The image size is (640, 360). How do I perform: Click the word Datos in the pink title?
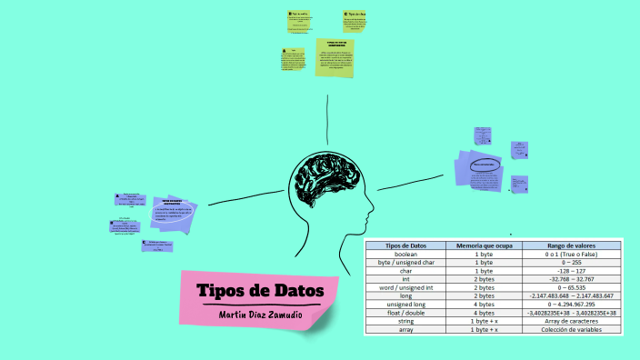click(294, 290)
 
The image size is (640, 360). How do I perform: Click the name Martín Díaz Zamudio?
click(261, 314)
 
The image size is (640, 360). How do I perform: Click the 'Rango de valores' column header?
click(571, 245)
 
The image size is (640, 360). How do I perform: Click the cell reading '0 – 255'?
click(571, 263)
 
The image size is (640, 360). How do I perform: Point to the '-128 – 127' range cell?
click(571, 271)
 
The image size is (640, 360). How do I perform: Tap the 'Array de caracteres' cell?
click(571, 321)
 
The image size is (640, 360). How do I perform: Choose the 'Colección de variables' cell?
click(571, 329)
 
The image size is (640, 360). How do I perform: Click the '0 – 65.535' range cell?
click(571, 287)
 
